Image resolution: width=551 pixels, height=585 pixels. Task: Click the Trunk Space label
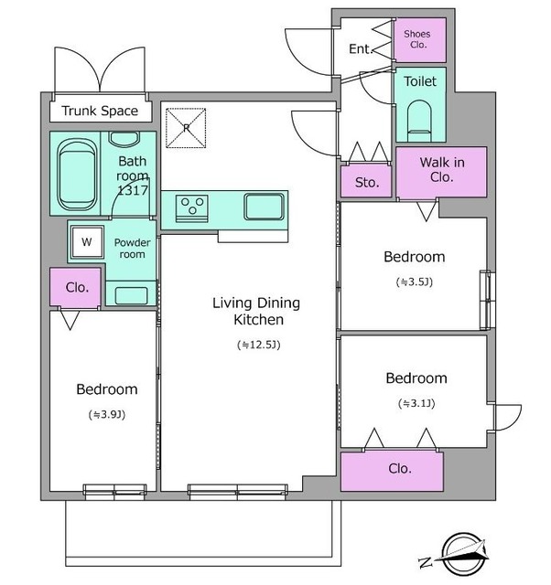100,112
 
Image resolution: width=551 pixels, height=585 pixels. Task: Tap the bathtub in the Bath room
77,175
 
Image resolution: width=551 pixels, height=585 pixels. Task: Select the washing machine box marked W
88,242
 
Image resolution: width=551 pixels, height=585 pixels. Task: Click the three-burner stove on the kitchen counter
192,208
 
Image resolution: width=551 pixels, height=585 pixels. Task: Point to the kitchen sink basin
265,207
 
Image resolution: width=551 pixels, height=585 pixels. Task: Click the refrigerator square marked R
186,128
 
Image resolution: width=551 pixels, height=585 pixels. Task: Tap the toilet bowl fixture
419,121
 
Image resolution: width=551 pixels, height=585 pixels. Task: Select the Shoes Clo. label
417,39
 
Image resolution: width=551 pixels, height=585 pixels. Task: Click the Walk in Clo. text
442,170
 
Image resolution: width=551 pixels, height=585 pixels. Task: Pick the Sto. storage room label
367,183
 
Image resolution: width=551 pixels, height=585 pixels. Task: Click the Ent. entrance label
361,48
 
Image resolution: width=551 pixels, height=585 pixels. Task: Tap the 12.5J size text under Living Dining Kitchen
258,345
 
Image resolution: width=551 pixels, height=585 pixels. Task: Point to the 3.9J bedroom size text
107,414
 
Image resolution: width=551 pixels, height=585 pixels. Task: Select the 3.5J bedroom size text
415,282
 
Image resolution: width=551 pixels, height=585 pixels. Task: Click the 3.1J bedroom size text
416,403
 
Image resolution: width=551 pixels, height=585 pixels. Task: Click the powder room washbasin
131,296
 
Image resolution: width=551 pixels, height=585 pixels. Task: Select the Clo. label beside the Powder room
77,287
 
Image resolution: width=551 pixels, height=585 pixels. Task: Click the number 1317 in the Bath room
133,190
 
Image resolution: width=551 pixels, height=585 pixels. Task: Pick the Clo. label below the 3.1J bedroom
400,469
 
